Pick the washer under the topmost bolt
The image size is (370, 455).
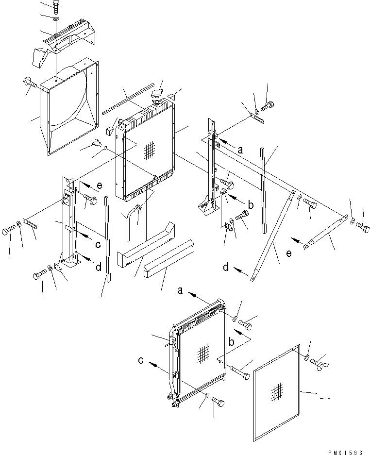[x=55, y=18]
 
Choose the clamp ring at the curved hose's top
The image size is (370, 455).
[x=139, y=208]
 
